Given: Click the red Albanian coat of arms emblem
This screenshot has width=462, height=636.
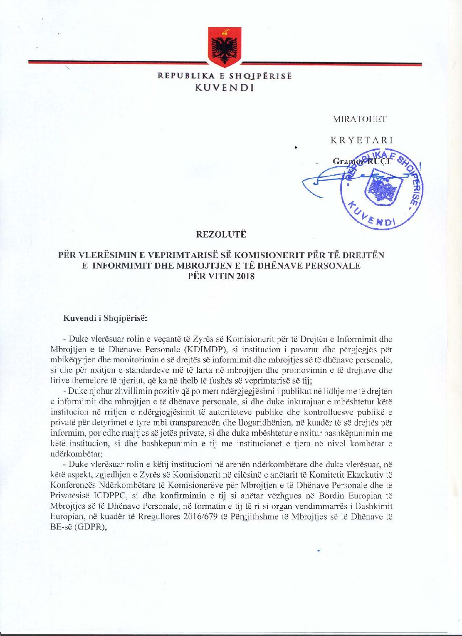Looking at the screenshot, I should (x=224, y=47).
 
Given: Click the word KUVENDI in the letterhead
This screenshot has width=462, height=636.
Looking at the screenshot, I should (x=224, y=88).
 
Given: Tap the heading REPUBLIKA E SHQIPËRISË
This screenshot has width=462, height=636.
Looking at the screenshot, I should (x=225, y=76).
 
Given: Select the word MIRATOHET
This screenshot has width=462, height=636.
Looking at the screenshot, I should (x=360, y=119).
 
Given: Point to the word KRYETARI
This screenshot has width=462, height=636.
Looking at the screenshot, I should (x=362, y=140).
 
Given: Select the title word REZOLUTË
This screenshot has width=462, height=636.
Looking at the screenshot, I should (x=221, y=234).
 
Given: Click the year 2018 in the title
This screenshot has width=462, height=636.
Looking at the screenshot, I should (x=245, y=277).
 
